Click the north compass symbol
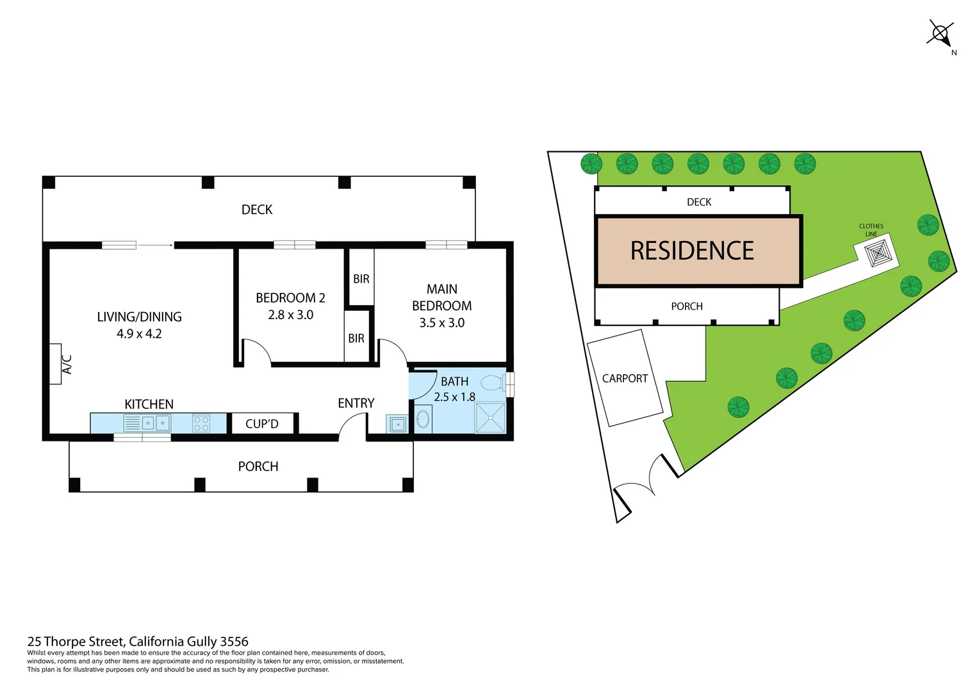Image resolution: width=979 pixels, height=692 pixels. point(941,33)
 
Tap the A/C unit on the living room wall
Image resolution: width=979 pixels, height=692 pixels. point(56,364)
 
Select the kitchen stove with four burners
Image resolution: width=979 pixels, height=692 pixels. point(201,423)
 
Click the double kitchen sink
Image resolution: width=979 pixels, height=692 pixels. point(156,423)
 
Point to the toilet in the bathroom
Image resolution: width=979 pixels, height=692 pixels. point(492,383)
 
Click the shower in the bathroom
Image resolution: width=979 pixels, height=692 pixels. point(490,418)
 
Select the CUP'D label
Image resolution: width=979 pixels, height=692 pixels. point(262,424)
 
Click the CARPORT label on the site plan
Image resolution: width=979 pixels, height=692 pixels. point(625,379)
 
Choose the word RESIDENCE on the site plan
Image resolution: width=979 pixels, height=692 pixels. point(692,251)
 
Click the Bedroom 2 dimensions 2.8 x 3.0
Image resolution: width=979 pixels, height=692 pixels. point(290,315)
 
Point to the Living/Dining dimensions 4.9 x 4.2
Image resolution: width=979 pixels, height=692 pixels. point(139,334)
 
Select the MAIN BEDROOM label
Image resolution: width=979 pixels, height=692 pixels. point(441,297)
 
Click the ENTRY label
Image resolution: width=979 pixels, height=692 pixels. point(356,403)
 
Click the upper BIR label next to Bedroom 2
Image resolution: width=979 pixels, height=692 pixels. point(361,279)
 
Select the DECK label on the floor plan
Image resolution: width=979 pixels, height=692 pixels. point(257,210)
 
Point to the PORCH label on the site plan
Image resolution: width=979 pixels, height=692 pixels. point(687,306)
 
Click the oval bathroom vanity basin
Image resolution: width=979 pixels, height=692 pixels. point(423,419)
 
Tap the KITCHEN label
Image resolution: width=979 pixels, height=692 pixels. point(149,404)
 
